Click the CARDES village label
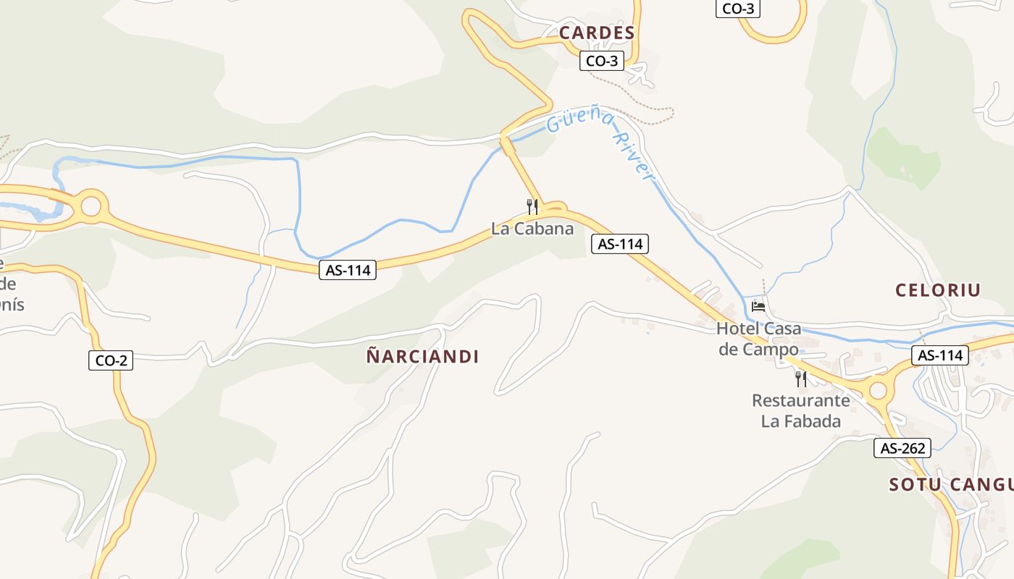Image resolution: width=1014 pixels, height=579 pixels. pyautogui.click(x=597, y=33)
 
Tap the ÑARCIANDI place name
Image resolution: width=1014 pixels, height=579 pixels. pyautogui.click(x=422, y=356)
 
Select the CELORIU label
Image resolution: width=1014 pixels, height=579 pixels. pyautogui.click(x=938, y=290)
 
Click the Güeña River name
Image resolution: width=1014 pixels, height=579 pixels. pyautogui.click(x=601, y=143)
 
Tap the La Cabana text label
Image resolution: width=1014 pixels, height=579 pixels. pyautogui.click(x=532, y=229)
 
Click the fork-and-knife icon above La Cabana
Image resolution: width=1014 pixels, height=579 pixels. pyautogui.click(x=532, y=207)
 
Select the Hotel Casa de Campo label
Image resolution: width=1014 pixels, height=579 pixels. pyautogui.click(x=758, y=338)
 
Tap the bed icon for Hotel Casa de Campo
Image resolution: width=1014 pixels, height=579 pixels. pyautogui.click(x=758, y=306)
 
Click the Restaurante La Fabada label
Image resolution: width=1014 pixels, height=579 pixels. pyautogui.click(x=800, y=410)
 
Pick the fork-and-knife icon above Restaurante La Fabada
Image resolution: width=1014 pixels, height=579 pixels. pyautogui.click(x=800, y=378)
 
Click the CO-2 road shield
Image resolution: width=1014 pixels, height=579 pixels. pyautogui.click(x=111, y=360)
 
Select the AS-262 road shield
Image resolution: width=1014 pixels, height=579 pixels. pyautogui.click(x=902, y=448)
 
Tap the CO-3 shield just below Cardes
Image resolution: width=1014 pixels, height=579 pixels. pyautogui.click(x=601, y=61)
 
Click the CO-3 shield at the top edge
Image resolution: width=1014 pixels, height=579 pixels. pyautogui.click(x=737, y=9)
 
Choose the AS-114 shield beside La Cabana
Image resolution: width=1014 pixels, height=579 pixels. pyautogui.click(x=619, y=244)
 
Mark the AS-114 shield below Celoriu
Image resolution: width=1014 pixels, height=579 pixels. pyautogui.click(x=939, y=355)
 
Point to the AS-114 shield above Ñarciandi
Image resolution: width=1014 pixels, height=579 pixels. pyautogui.click(x=348, y=270)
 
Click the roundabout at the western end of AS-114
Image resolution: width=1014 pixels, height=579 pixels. pyautogui.click(x=91, y=206)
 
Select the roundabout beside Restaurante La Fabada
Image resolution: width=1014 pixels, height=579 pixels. pyautogui.click(x=878, y=391)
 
